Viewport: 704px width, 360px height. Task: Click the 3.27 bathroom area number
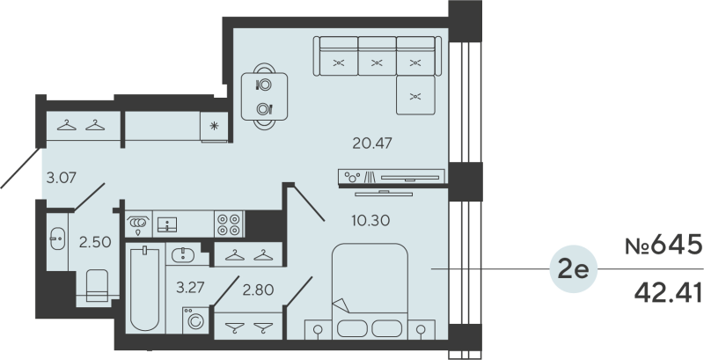point(192,286)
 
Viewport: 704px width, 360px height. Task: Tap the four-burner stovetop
point(229,224)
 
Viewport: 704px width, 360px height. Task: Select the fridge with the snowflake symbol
point(215,126)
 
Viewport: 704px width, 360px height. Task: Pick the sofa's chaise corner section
point(416,96)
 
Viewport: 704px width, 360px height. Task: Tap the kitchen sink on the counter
point(168,224)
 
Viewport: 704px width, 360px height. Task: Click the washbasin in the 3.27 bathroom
point(183,255)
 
